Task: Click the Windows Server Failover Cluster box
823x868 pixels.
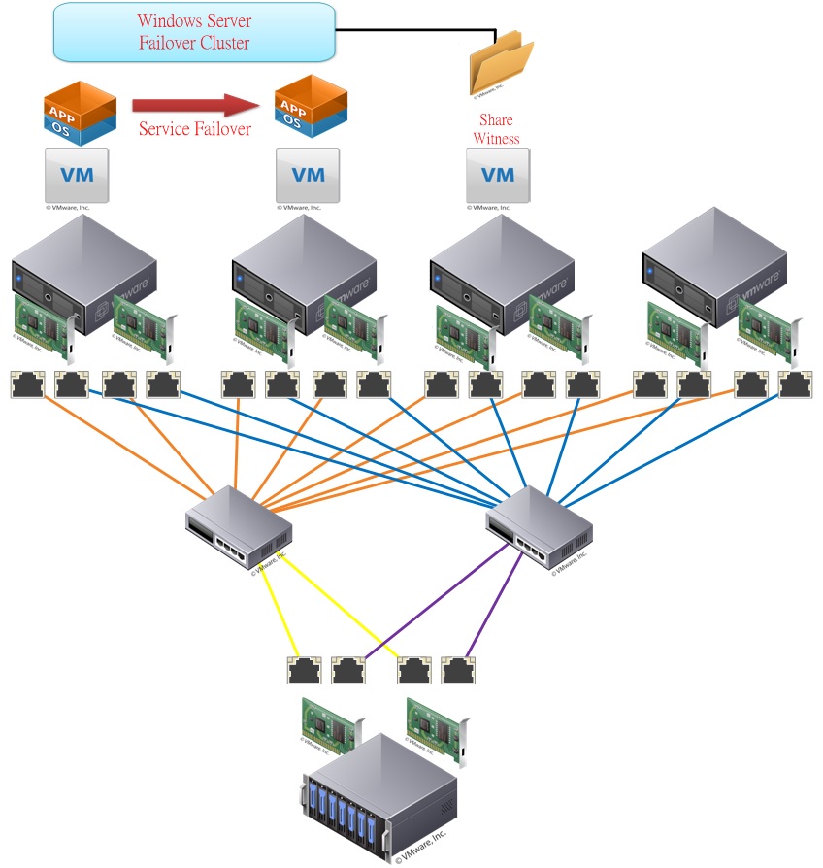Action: click(x=193, y=31)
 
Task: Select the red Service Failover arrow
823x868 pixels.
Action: click(x=195, y=105)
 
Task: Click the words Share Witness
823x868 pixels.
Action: click(x=496, y=130)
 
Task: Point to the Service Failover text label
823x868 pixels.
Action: click(x=195, y=129)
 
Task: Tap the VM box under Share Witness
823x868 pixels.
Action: click(x=498, y=176)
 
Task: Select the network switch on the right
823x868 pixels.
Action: click(x=539, y=527)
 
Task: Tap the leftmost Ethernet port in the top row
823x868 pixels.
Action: click(x=27, y=384)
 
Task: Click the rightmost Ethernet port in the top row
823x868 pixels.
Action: click(x=796, y=384)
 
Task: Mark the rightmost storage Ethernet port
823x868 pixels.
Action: click(x=458, y=671)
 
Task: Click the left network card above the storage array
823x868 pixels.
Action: click(x=328, y=723)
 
